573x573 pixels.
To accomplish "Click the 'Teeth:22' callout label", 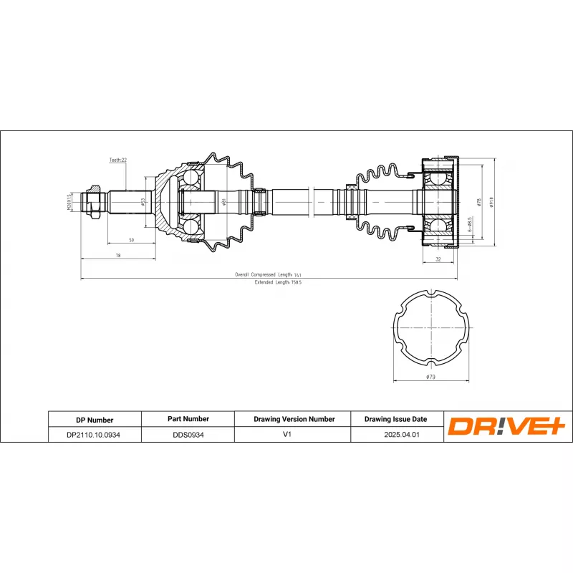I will pyautogui.click(x=117, y=160).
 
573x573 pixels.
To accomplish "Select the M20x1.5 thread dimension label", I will pyautogui.click(x=69, y=203).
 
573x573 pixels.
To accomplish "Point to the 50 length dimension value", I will pyautogui.click(x=131, y=239).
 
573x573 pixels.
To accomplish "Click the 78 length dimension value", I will pyautogui.click(x=118, y=255).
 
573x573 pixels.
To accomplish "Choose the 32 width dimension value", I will pyautogui.click(x=438, y=260).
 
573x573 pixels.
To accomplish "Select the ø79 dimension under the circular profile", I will pyautogui.click(x=430, y=377).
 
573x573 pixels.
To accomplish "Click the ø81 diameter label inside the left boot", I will pyautogui.click(x=223, y=202).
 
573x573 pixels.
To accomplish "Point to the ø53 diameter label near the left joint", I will pyautogui.click(x=143, y=202).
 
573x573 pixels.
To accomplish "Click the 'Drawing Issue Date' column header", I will pyautogui.click(x=395, y=419).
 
